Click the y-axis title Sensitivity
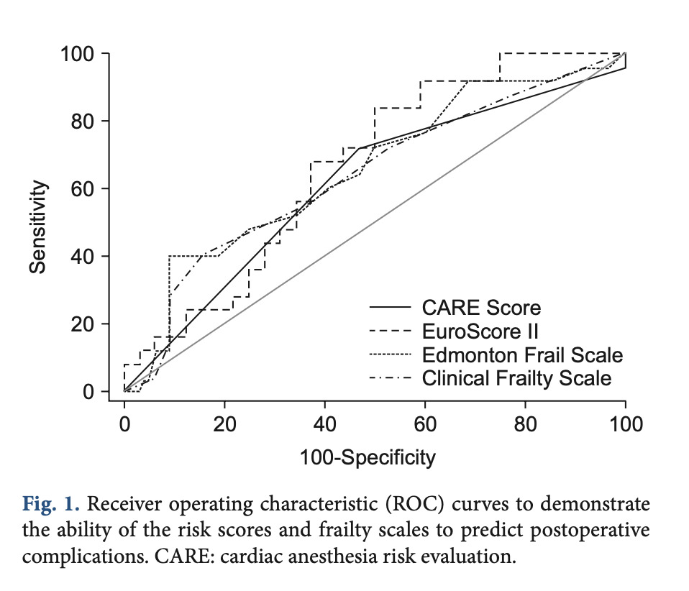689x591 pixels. tap(40, 226)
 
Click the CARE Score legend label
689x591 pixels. tap(482, 308)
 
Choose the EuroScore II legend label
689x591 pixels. tap(480, 331)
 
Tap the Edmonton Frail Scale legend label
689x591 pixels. tap(522, 354)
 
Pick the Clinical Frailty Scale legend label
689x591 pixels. tap(516, 377)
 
